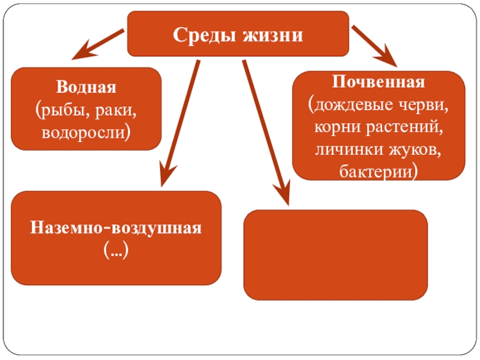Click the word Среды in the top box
pos(204,34)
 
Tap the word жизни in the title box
pos(272,34)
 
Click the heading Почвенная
pos(379,82)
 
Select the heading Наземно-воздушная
pos(116,229)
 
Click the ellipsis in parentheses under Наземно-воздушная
pos(116,251)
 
